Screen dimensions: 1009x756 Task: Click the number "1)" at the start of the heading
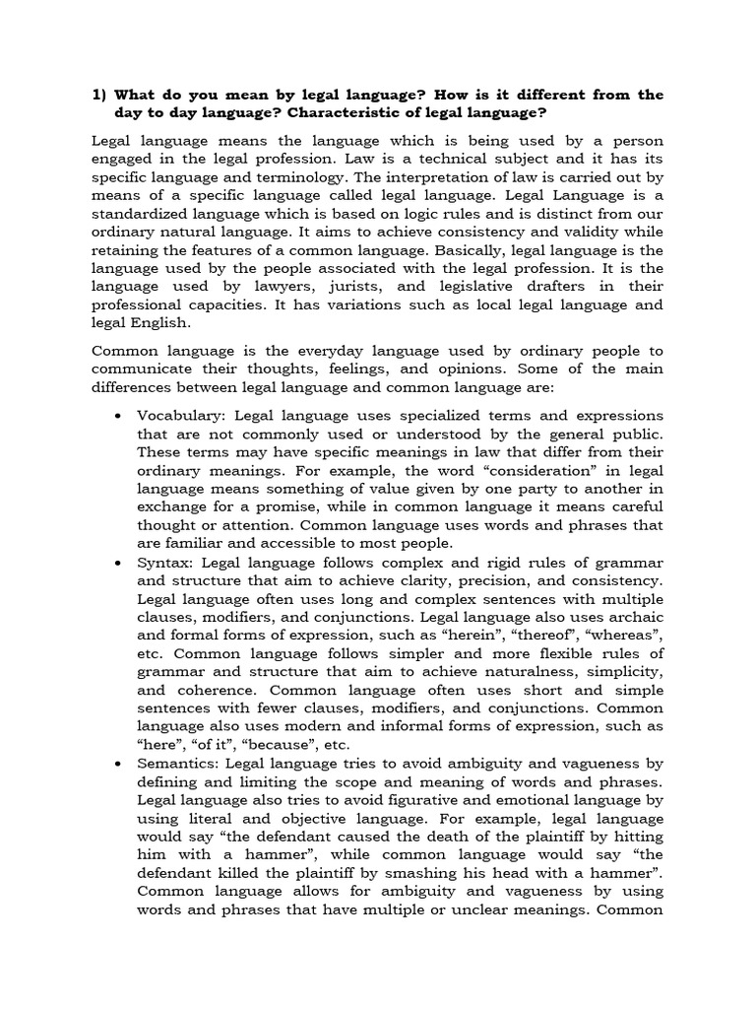click(99, 96)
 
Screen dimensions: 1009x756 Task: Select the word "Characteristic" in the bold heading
click(346, 114)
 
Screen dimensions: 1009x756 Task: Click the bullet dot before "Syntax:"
click(118, 564)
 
